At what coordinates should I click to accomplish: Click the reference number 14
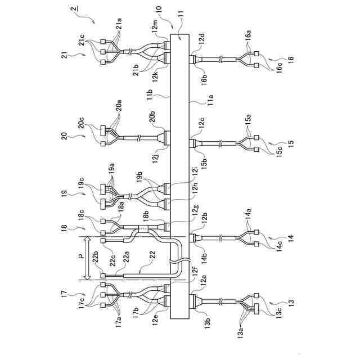tap(291, 238)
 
